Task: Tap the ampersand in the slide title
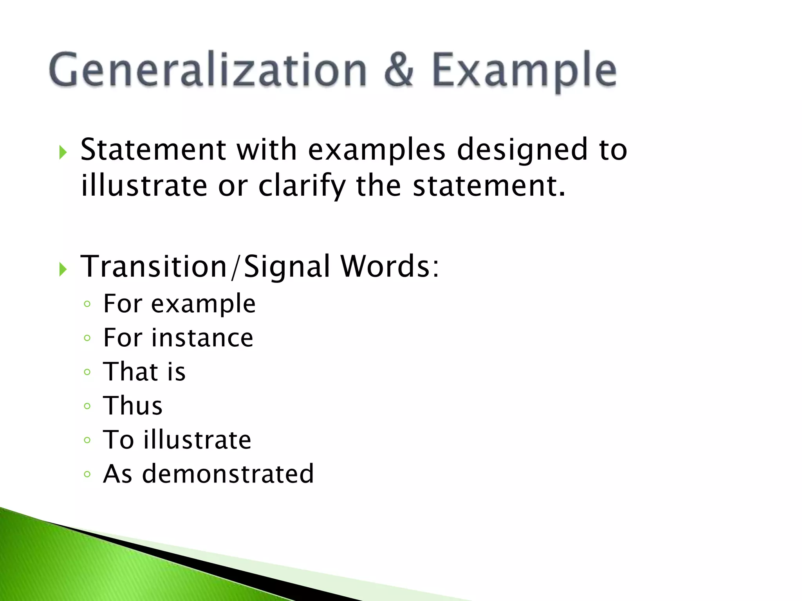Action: tap(399, 70)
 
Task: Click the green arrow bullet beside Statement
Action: tap(63, 152)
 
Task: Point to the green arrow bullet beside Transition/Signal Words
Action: tap(63, 269)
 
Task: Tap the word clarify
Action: tap(302, 186)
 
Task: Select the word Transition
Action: tap(154, 266)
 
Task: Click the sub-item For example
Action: tap(179, 304)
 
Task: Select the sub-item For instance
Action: tap(178, 338)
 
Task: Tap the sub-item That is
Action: tap(144, 372)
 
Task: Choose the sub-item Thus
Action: tap(132, 406)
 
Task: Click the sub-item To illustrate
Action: tap(177, 440)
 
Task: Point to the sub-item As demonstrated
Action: tap(208, 474)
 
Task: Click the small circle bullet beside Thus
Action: tap(87, 406)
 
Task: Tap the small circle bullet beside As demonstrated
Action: tap(87, 475)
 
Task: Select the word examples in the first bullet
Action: tap(377, 150)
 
